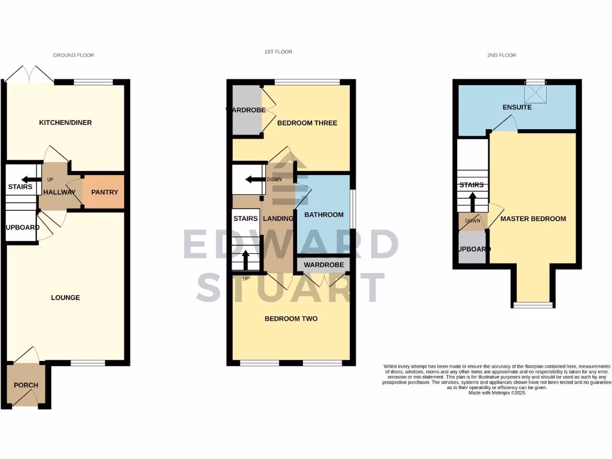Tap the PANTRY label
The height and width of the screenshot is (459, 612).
[104, 192]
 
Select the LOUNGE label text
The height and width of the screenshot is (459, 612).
[65, 298]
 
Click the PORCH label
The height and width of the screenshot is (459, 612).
[26, 385]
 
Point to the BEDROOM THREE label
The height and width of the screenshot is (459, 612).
[307, 123]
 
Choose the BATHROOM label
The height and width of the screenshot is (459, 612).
[324, 215]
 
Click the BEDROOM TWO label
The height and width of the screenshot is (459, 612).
[291, 319]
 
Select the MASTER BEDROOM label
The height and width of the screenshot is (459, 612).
[533, 219]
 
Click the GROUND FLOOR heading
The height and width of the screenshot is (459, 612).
[74, 55]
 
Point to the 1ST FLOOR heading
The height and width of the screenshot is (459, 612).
[279, 52]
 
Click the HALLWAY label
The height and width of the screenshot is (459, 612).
[59, 192]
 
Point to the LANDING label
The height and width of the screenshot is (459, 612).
[278, 219]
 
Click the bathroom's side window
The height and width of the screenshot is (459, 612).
[351, 209]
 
